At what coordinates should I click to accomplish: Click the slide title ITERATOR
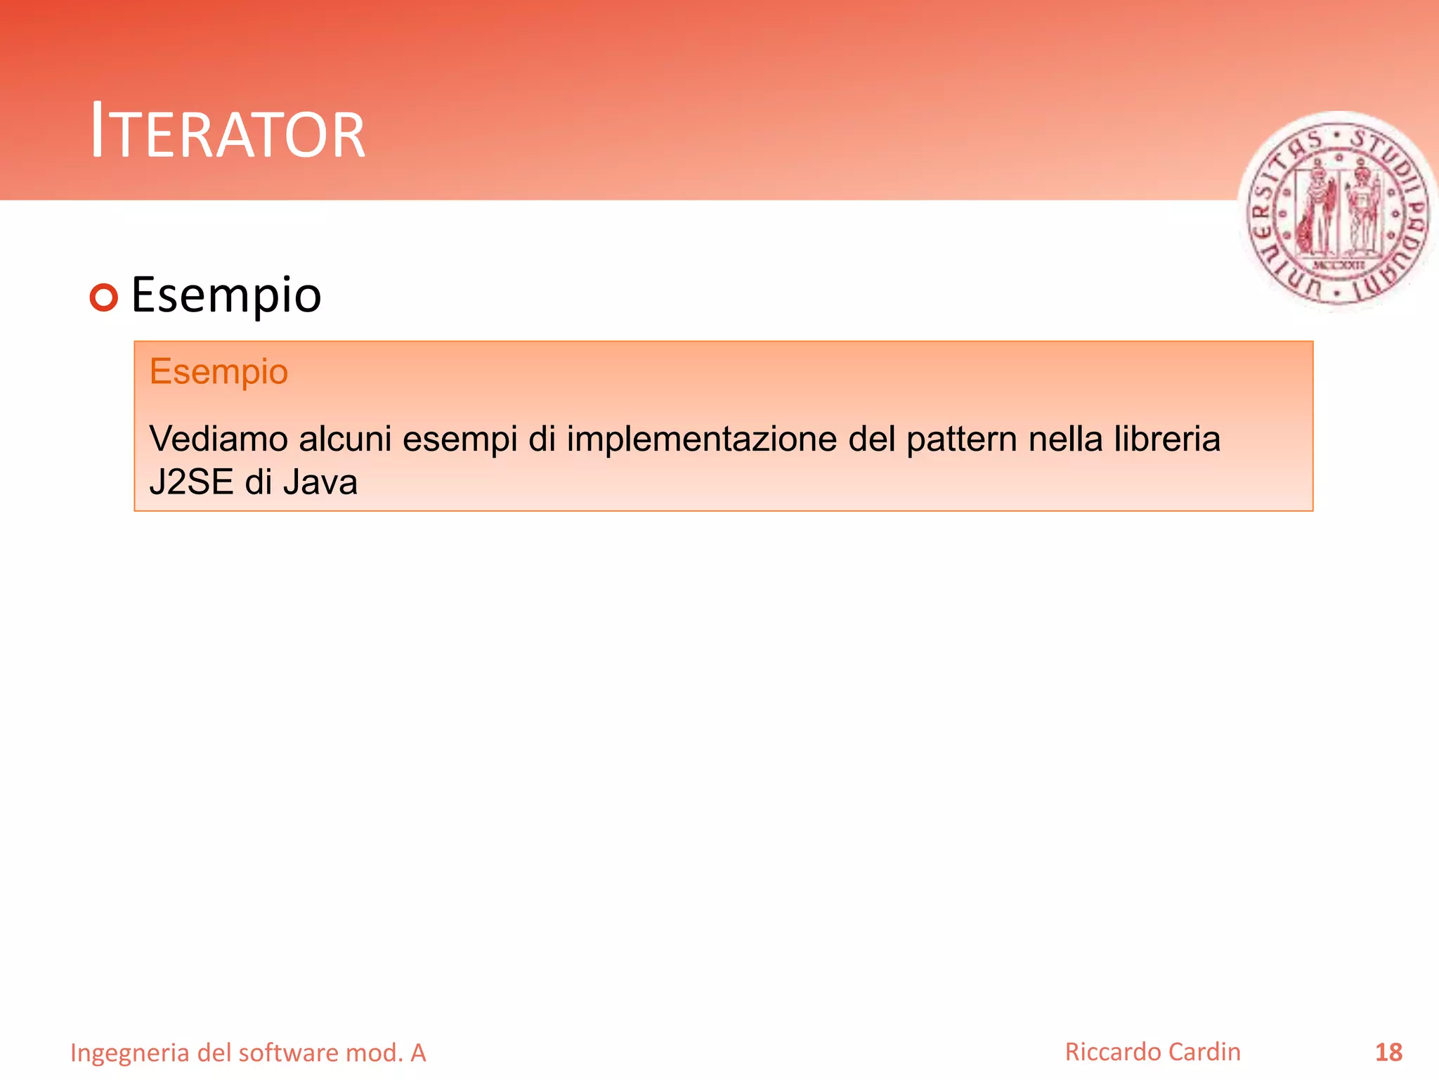tap(228, 131)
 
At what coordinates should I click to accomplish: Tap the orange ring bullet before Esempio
tap(104, 297)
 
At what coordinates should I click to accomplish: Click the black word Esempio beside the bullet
tap(226, 295)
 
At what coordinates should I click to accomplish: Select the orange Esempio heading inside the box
tap(219, 371)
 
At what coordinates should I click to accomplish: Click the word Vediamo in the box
tap(219, 439)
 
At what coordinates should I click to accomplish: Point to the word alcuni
tap(345, 439)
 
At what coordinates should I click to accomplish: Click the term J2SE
tap(191, 482)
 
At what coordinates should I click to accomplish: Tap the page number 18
tap(1388, 1052)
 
